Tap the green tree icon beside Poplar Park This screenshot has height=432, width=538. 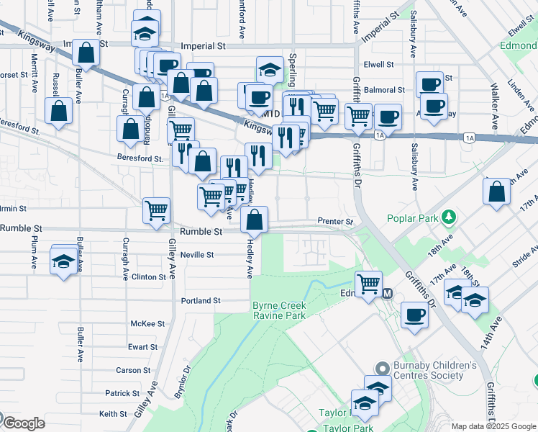[x=450, y=216]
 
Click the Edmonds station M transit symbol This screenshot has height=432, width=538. [x=387, y=293]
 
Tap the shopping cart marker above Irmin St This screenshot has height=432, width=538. [x=156, y=210]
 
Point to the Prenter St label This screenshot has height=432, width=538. [x=336, y=221]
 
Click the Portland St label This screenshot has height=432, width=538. [x=201, y=301]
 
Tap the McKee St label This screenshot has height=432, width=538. [x=147, y=324]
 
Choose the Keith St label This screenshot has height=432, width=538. [x=114, y=414]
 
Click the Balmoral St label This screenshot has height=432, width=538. [x=384, y=90]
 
